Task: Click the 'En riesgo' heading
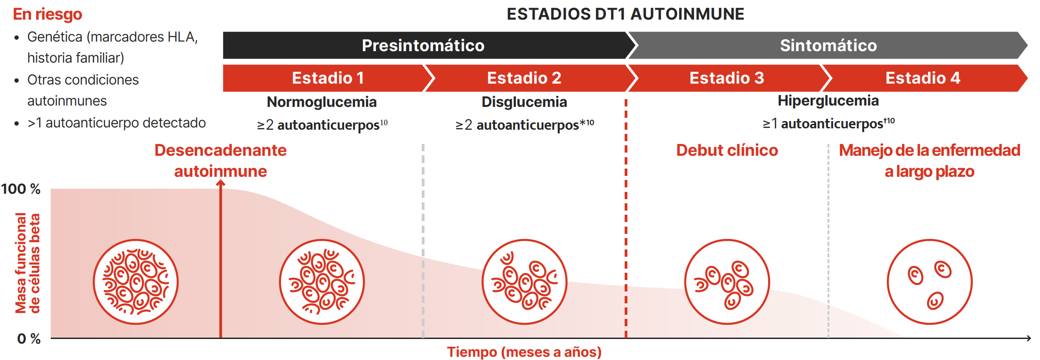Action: click(48, 14)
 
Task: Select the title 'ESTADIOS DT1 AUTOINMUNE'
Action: click(625, 14)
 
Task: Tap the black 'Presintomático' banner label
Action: click(423, 45)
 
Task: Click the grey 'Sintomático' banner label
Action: click(828, 45)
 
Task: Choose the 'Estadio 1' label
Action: click(328, 78)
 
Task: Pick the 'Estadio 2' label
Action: click(524, 78)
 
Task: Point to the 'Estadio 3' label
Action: click(727, 78)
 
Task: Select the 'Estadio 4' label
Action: click(923, 78)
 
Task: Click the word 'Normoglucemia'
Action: click(322, 102)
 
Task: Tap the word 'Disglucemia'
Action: click(524, 102)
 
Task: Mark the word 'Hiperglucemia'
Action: click(828, 101)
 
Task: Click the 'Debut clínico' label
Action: click(727, 150)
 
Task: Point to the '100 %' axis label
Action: click(21, 189)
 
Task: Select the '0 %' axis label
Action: click(29, 339)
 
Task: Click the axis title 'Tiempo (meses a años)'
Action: click(524, 352)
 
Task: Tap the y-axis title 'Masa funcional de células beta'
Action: click(27, 263)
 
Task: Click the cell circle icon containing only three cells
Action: click(929, 282)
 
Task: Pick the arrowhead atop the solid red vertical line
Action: click(221, 183)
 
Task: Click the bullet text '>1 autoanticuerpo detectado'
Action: click(117, 123)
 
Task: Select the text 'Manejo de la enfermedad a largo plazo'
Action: click(929, 161)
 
